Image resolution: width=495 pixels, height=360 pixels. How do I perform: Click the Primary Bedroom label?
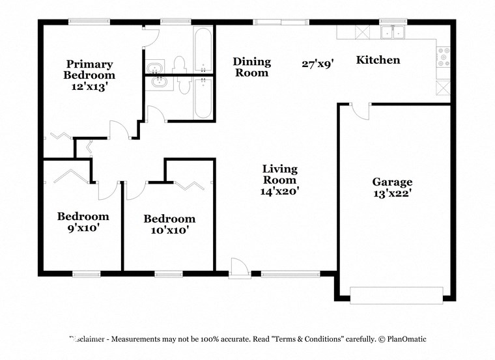pos(89,70)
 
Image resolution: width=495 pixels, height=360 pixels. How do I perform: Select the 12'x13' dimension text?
pos(89,86)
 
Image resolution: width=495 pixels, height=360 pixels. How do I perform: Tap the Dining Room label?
pos(252,67)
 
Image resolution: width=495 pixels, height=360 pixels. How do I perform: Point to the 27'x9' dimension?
pos(318,64)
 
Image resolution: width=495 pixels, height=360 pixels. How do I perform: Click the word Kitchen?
pos(378,60)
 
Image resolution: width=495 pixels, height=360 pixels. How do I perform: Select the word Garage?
pos(392,182)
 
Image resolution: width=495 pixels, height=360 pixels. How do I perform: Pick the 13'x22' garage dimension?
pos(392,193)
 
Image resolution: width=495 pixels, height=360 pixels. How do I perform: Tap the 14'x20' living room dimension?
pos(279,191)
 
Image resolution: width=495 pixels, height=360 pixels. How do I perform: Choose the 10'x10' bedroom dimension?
pos(169,230)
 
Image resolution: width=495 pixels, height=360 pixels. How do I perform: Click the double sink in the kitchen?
pos(393,32)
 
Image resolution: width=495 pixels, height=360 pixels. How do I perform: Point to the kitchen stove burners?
pos(445,57)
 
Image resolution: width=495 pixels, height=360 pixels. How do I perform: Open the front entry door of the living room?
pos(240,267)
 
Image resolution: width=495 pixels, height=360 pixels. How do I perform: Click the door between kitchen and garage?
pos(360,111)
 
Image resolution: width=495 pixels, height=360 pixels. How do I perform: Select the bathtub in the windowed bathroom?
pos(203,50)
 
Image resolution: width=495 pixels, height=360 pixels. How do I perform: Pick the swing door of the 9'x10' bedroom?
pos(107,190)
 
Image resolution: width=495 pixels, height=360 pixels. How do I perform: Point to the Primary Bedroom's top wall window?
pos(89,21)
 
